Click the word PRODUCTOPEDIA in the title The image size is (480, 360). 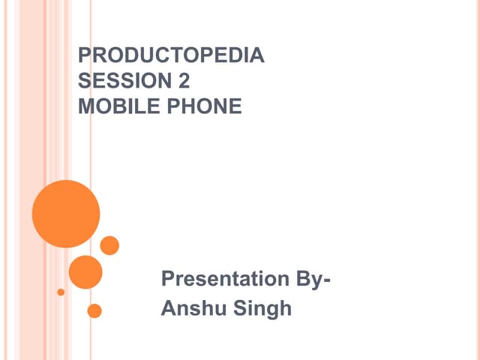[x=172, y=55]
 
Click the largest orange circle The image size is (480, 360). [x=66, y=214]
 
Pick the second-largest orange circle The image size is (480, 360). [x=85, y=272]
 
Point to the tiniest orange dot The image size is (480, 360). [x=61, y=292]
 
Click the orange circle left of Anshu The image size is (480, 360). [x=94, y=310]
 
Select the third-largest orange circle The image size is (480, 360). [x=109, y=245]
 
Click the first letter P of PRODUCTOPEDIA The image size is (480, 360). [x=84, y=55]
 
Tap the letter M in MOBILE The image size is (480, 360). [x=85, y=106]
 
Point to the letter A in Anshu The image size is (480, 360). [x=169, y=308]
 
